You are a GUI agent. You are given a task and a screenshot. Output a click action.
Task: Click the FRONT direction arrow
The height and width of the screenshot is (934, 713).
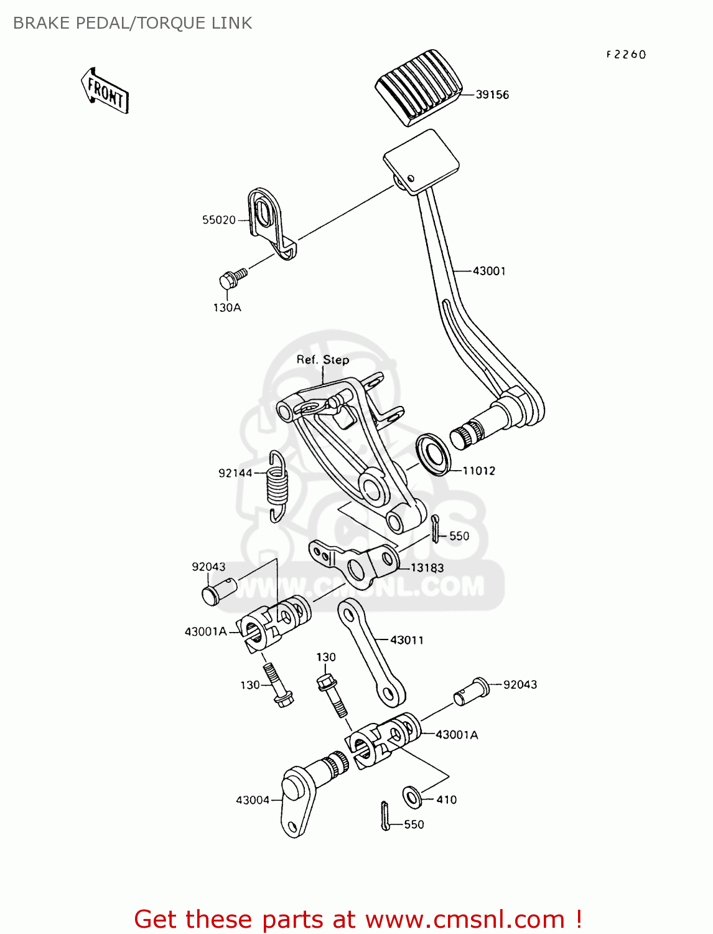(x=105, y=92)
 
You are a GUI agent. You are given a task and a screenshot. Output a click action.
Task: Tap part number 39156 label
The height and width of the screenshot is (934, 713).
(x=492, y=95)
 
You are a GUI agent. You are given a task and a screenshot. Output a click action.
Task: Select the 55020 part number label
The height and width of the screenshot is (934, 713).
(x=218, y=220)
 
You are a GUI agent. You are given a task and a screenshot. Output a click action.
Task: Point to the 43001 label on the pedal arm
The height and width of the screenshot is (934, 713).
(x=489, y=271)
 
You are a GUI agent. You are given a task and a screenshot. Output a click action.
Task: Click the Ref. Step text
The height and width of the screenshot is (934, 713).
(x=322, y=360)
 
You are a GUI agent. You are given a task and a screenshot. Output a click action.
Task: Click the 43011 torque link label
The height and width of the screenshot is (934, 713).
(x=406, y=640)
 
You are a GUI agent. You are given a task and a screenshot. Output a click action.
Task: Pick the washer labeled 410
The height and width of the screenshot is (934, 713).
(x=411, y=796)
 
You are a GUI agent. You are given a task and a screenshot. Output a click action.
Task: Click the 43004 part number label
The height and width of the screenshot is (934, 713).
(x=252, y=800)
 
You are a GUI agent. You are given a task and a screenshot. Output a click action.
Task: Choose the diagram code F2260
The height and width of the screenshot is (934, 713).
(x=626, y=55)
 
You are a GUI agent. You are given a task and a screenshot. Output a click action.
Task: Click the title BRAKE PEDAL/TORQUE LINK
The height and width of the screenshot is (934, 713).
(x=133, y=23)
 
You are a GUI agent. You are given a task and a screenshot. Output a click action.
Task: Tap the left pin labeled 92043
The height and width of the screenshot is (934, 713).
(x=218, y=590)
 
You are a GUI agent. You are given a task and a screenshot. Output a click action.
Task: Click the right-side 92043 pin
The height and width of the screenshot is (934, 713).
(x=472, y=691)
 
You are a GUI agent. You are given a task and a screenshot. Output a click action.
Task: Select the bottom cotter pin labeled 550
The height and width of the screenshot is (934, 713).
(x=385, y=816)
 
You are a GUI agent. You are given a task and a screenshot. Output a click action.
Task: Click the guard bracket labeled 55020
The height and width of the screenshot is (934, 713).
(x=270, y=221)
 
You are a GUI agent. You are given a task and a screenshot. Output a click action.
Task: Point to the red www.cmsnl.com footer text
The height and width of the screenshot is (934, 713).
(x=358, y=919)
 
